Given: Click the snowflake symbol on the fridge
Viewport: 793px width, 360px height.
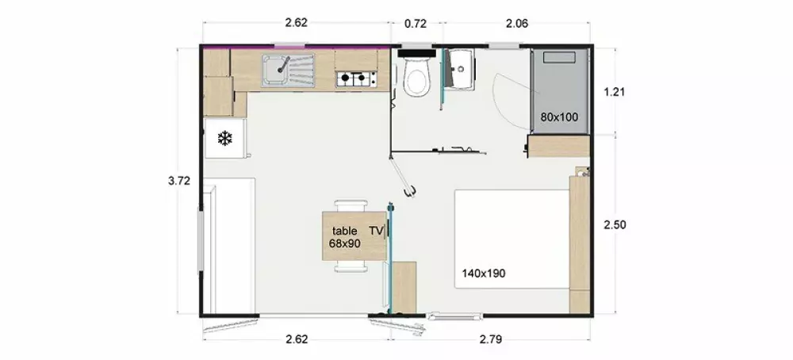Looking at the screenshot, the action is tap(224, 138).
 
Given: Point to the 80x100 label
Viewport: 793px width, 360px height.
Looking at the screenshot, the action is tap(559, 117).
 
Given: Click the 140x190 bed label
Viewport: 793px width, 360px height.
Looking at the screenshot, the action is tap(484, 274).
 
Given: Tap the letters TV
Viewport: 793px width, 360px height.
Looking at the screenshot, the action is tap(376, 231).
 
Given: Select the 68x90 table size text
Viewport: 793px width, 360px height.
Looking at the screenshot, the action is tap(344, 243).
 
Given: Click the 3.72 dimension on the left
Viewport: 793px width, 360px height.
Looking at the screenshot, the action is tap(179, 181).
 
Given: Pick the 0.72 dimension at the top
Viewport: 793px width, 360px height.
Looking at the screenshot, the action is tap(416, 23).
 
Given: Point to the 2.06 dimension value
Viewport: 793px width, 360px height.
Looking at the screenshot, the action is tap(517, 23).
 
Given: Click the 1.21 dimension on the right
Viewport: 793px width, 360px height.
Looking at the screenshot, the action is tap(615, 91).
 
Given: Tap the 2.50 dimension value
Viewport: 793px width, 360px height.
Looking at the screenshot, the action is tap(615, 224).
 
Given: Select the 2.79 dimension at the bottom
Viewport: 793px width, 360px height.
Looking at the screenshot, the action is tap(491, 339).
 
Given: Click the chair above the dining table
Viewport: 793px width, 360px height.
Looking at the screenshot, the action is tap(351, 205).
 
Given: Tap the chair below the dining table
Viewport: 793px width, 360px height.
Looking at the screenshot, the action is tap(351, 266).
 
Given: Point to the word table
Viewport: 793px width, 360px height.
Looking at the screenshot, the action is tap(344, 231).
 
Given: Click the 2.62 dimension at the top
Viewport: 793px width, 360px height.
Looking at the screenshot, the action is tap(297, 22).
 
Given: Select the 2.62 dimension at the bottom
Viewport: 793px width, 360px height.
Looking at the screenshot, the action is tap(297, 339).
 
